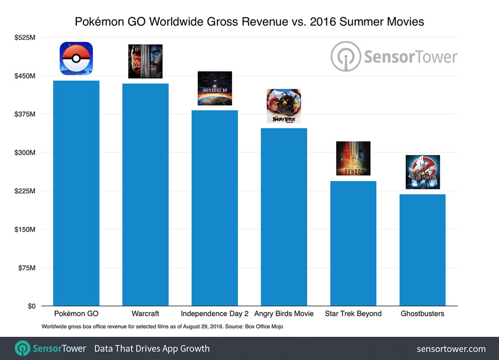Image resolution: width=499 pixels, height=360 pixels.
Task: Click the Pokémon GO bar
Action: pyautogui.click(x=76, y=193)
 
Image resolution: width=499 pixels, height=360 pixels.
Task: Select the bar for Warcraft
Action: pyautogui.click(x=145, y=195)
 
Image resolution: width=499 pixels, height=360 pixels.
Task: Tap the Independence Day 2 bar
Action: pyautogui.click(x=214, y=208)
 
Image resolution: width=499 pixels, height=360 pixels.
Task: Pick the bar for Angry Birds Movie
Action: pyautogui.click(x=284, y=217)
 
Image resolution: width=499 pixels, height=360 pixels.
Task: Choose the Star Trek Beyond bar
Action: pyautogui.click(x=353, y=243)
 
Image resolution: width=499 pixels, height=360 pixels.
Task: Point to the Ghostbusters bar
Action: pyautogui.click(x=422, y=250)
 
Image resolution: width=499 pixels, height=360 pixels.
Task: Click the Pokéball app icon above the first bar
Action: pyautogui.click(x=76, y=58)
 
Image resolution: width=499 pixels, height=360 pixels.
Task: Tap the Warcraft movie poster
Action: pyautogui.click(x=145, y=61)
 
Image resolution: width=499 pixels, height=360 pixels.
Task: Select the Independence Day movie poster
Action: pyautogui.click(x=214, y=88)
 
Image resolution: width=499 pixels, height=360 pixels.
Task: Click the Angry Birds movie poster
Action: pyautogui.click(x=284, y=106)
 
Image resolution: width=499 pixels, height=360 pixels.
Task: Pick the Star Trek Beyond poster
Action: pyautogui.click(x=353, y=158)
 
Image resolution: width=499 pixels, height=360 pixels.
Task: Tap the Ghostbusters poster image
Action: pyautogui.click(x=423, y=172)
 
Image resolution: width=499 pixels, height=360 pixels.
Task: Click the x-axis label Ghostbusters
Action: pyautogui.click(x=422, y=314)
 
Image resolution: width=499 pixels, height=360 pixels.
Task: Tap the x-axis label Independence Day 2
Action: pyautogui.click(x=214, y=314)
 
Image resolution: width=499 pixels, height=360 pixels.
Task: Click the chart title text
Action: pyautogui.click(x=249, y=22)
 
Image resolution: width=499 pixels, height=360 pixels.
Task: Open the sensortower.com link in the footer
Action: pyautogui.click(x=451, y=349)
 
